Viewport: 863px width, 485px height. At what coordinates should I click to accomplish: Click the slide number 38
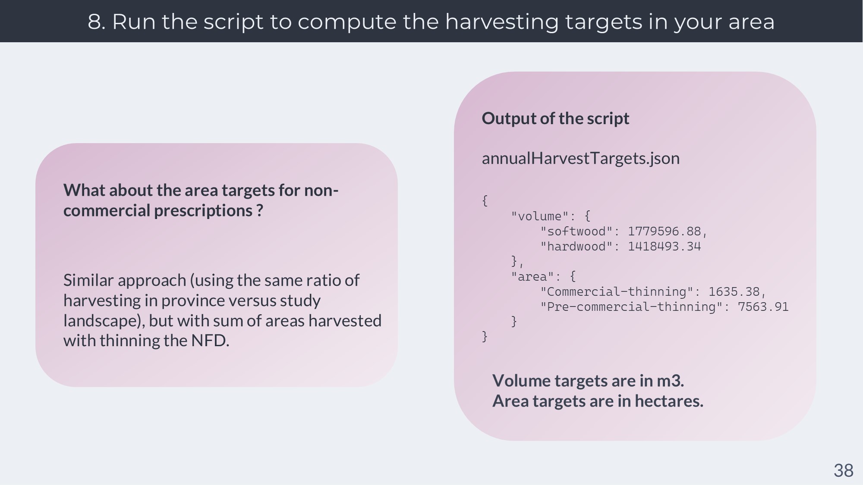(843, 470)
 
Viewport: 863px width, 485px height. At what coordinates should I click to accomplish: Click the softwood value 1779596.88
(665, 232)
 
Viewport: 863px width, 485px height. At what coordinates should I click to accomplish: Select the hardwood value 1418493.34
(665, 247)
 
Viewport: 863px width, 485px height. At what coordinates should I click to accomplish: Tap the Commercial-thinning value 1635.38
(734, 292)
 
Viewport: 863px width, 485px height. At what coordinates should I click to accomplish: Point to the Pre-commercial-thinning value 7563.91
(763, 307)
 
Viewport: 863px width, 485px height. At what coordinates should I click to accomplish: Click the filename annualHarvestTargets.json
(580, 158)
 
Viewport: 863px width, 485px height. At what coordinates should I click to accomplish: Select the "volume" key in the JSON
(540, 216)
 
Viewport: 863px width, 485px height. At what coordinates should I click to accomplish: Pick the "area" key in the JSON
(532, 276)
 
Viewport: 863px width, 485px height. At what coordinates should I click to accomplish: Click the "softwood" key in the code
(576, 232)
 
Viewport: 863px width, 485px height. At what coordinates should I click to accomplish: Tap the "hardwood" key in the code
(576, 247)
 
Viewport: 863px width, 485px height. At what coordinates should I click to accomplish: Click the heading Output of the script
(555, 119)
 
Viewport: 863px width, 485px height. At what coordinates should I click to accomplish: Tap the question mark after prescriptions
(259, 211)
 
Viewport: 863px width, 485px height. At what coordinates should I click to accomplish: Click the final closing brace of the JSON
(485, 336)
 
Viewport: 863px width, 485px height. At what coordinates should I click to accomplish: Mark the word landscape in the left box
(102, 321)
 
